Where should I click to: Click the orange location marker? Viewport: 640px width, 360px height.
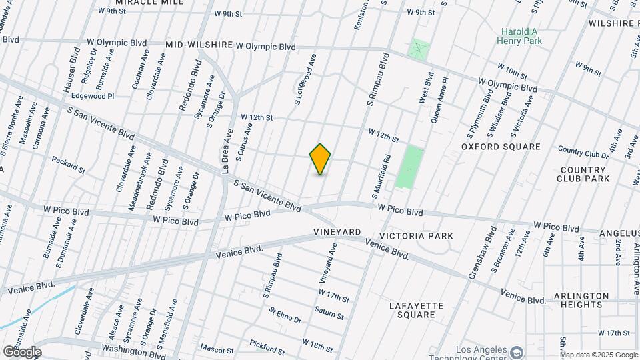point(321,159)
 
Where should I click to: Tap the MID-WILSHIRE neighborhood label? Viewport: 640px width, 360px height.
point(197,45)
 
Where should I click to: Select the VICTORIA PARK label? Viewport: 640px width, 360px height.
point(416,236)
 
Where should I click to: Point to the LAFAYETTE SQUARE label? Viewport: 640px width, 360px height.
point(416,310)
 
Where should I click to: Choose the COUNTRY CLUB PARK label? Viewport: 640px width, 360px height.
point(583,175)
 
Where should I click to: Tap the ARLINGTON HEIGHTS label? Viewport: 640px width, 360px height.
point(581,300)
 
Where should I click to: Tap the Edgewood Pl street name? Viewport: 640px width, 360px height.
point(93,96)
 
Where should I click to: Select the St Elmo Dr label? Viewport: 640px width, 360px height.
point(285,315)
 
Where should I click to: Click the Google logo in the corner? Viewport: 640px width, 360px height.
point(21,351)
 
